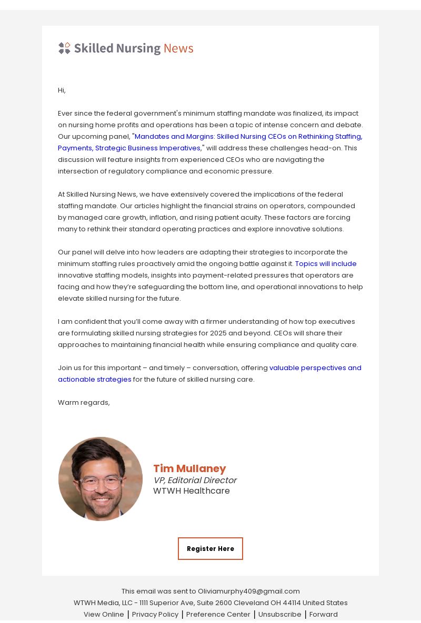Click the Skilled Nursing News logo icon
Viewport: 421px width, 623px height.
coord(64,48)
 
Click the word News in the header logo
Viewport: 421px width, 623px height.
coord(178,48)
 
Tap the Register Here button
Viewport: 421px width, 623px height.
coord(210,548)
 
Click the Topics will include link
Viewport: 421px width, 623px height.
coord(326,264)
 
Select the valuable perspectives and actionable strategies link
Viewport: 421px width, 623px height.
coord(315,368)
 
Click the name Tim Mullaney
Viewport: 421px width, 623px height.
coord(189,468)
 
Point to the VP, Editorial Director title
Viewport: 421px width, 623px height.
coord(195,480)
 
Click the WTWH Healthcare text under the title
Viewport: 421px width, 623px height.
coord(192,491)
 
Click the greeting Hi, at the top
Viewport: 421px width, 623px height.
coord(62,90)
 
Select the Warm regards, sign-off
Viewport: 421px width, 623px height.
coord(84,403)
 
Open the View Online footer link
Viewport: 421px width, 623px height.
coord(104,614)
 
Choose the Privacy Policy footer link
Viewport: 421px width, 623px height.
coord(155,614)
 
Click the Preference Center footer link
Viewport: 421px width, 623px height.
coord(218,614)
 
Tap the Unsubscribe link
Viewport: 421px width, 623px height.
coord(279,614)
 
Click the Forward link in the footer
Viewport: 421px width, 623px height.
coord(324,614)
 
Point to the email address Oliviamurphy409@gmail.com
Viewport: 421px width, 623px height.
coord(249,591)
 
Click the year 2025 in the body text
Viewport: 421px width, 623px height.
coord(218,333)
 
